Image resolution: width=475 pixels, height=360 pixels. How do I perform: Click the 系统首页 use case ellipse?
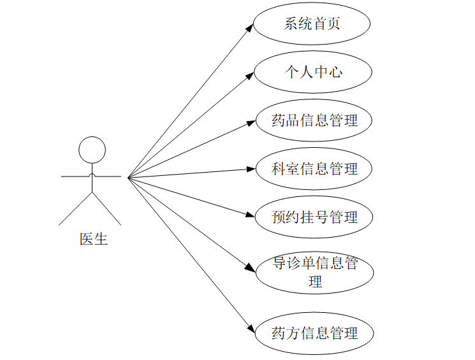tap(312, 24)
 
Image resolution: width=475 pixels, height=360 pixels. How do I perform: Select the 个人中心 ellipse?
tap(312, 72)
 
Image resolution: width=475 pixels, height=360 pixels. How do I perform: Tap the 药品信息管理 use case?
tap(314, 120)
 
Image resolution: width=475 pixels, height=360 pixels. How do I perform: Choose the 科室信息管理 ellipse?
tap(314, 169)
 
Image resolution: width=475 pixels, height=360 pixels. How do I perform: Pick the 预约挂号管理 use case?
tap(314, 217)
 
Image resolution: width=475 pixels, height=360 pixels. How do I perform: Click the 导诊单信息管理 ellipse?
tap(314, 271)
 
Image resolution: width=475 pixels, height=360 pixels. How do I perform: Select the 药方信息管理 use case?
tap(314, 333)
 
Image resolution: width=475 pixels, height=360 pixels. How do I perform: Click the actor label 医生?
tap(93, 240)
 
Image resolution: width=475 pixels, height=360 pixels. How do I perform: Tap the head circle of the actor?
tap(92, 150)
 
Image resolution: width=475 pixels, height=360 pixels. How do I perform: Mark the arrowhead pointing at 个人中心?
tap(250, 76)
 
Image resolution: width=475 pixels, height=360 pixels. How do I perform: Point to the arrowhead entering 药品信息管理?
tap(251, 123)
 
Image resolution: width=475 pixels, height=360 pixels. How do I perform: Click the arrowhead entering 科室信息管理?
tap(251, 169)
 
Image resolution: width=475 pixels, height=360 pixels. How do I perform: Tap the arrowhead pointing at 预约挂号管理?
tap(251, 215)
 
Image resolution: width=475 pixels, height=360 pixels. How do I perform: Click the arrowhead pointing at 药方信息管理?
tap(251, 328)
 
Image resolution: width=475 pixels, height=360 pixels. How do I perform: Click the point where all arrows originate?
tap(128, 177)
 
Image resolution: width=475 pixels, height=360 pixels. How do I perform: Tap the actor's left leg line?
tap(75, 209)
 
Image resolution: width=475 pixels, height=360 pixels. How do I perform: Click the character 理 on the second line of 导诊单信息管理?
tap(314, 281)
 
